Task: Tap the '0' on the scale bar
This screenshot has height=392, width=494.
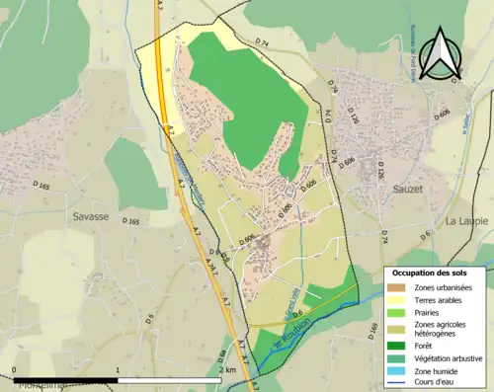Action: [x=15, y=370]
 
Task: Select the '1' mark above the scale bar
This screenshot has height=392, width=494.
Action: [x=118, y=370]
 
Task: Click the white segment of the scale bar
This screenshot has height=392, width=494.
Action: [x=169, y=379]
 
